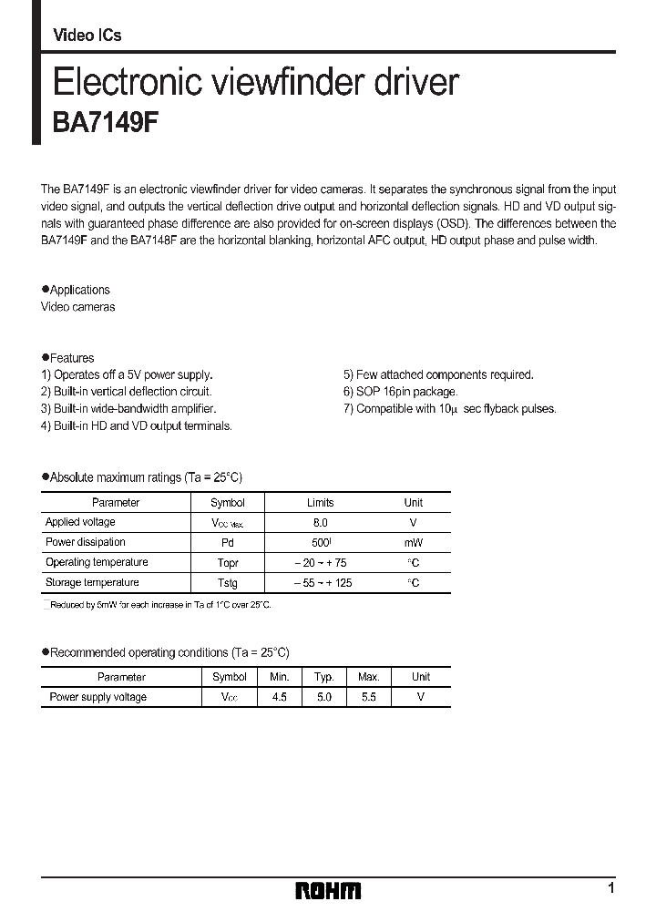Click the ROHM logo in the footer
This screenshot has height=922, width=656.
tap(328, 890)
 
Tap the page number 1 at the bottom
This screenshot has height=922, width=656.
tap(610, 888)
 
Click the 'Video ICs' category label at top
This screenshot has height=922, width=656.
tap(87, 36)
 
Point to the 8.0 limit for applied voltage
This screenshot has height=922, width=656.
tap(320, 523)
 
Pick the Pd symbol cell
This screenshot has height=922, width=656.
tap(227, 543)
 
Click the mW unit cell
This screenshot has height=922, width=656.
tap(413, 543)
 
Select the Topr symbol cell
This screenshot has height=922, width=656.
tap(227, 563)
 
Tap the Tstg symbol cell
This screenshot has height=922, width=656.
tap(227, 583)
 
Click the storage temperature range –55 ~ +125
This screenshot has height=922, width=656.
tap(322, 583)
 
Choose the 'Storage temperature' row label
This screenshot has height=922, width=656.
tap(92, 582)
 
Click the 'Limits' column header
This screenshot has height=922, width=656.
tap(320, 503)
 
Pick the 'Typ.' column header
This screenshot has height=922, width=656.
tap(324, 677)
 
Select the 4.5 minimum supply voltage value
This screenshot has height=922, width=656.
tap(279, 697)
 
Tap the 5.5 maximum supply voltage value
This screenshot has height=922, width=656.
tap(368, 697)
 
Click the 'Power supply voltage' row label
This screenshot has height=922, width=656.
tap(97, 697)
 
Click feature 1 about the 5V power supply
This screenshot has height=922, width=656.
tap(128, 374)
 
